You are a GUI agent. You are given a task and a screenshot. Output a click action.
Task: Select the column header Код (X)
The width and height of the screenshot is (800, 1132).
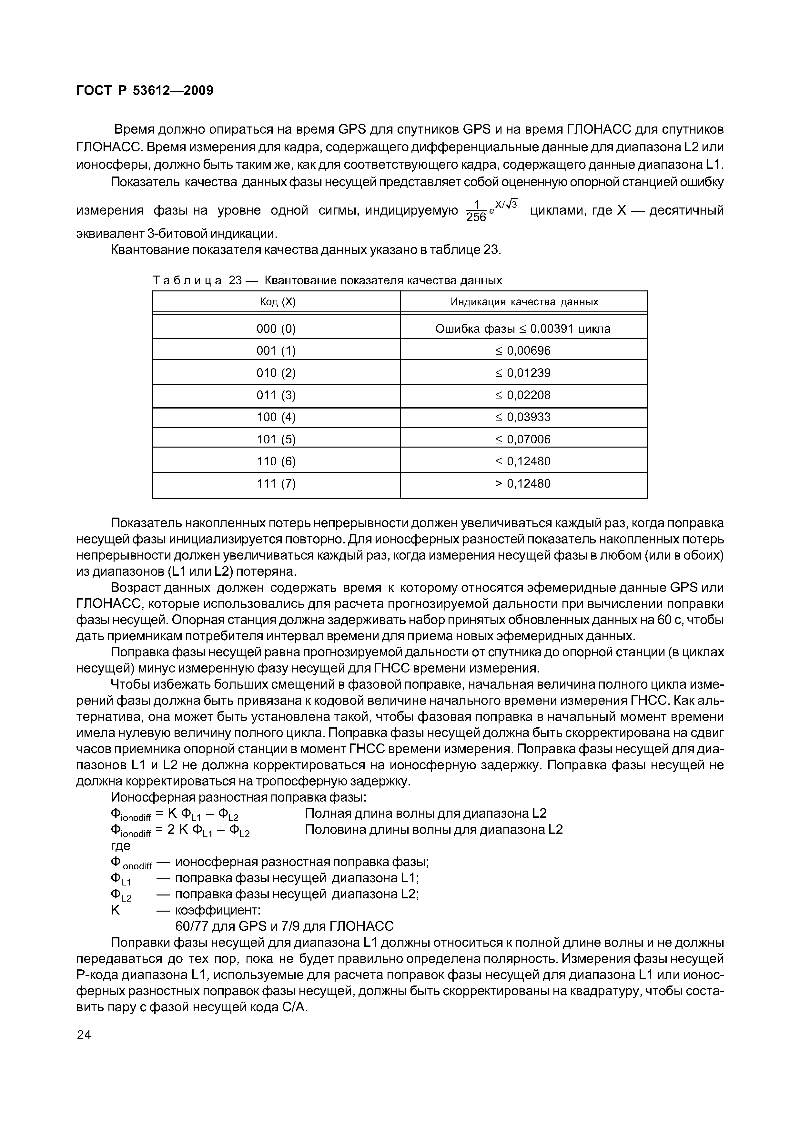[277, 302]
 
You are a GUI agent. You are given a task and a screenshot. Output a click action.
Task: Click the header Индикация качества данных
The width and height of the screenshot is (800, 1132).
[524, 302]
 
